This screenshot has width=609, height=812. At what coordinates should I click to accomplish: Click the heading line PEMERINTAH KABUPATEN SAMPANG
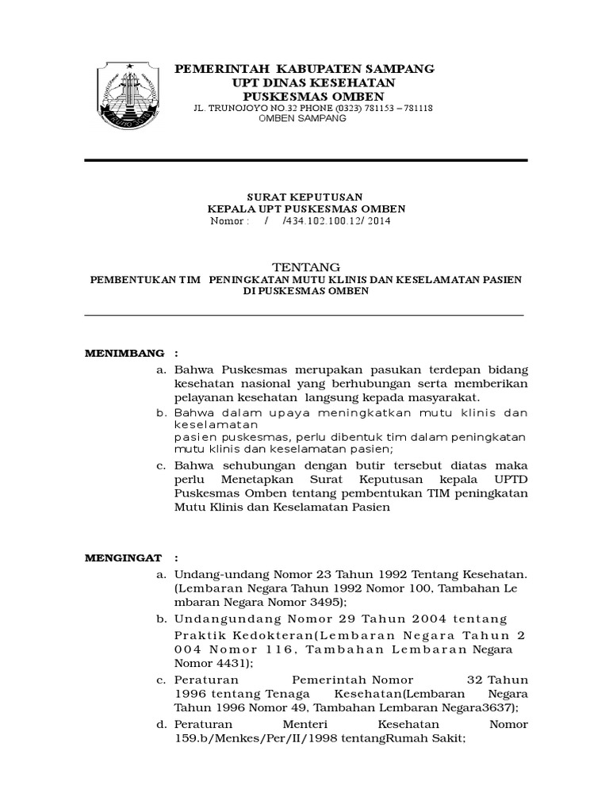click(x=304, y=69)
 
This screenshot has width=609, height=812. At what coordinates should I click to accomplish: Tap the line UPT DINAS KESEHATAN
click(x=304, y=82)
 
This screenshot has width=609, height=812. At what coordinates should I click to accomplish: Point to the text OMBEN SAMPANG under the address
click(x=304, y=117)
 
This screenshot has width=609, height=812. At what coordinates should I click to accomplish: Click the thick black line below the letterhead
click(x=305, y=160)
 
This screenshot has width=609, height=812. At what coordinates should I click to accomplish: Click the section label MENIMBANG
click(x=125, y=352)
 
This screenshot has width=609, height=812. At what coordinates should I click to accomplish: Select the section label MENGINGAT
click(x=123, y=558)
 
